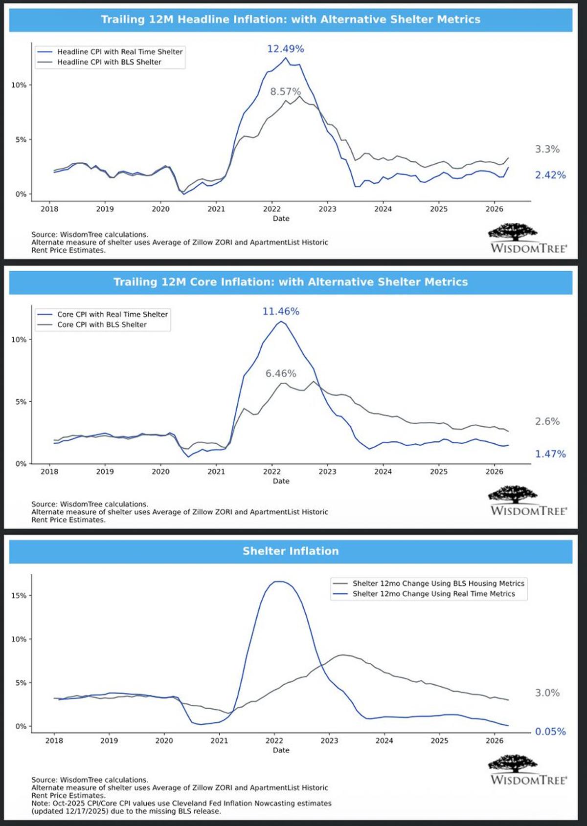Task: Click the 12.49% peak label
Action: (285, 49)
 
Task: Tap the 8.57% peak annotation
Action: (285, 91)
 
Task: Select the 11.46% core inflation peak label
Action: (281, 311)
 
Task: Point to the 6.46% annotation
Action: (281, 373)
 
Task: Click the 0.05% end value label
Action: (550, 732)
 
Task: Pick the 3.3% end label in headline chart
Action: (547, 150)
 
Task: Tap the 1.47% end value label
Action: (550, 454)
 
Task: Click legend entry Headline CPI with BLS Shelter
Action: (109, 62)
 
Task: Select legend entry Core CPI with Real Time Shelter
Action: (112, 314)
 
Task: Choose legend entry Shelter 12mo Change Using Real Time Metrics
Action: (433, 594)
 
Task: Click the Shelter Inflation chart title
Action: (291, 551)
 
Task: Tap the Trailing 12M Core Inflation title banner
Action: (291, 282)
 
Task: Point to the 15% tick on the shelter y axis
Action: (19, 596)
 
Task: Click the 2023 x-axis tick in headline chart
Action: (327, 209)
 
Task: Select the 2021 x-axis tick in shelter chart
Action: (219, 740)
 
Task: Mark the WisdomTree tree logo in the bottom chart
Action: (512, 764)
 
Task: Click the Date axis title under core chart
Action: (281, 481)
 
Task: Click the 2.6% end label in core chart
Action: (547, 421)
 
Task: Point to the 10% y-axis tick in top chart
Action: (19, 85)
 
